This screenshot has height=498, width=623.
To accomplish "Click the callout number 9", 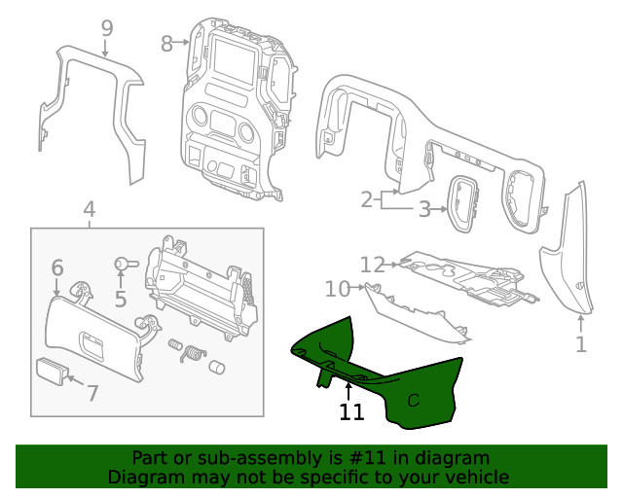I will [x=107, y=29].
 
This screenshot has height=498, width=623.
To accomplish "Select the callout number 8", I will [x=166, y=43].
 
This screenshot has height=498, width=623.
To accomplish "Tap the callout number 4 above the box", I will [x=89, y=209].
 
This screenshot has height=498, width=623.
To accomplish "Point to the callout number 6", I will [x=56, y=267].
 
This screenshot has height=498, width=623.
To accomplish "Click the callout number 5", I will [x=121, y=300].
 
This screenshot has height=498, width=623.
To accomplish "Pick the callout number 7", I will [x=92, y=393].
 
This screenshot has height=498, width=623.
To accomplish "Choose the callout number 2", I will [x=367, y=200].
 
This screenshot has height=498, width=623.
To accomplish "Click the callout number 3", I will [x=424, y=208].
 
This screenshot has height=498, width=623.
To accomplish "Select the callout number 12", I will [x=372, y=264].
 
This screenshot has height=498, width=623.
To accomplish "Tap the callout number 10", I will [x=337, y=289].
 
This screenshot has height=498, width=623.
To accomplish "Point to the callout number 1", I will [x=581, y=344].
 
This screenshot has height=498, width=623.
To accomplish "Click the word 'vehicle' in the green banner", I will [x=475, y=477].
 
